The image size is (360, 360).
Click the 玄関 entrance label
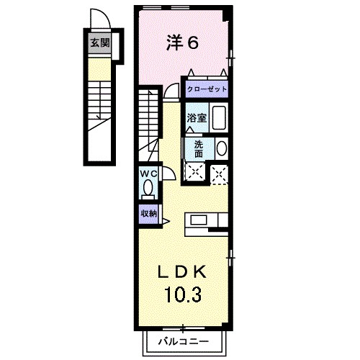(99, 42)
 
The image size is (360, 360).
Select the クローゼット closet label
(206, 89)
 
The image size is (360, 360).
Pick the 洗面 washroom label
(198, 148)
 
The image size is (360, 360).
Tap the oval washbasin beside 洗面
(221, 148)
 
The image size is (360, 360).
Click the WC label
(148, 174)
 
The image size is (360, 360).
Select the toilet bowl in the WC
(148, 189)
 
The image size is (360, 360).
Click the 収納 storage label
(148, 213)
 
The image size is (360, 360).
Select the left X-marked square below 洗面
(194, 172)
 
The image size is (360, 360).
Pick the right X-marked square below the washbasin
(220, 172)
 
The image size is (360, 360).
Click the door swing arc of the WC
(166, 173)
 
